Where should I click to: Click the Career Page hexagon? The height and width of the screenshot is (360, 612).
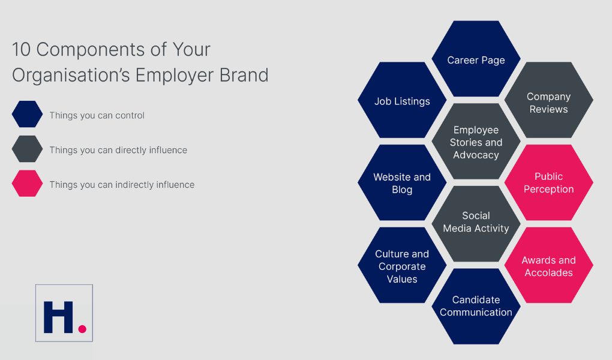[476, 59]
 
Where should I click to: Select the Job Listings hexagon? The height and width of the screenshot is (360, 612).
[402, 101]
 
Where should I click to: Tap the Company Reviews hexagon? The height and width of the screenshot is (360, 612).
[548, 102]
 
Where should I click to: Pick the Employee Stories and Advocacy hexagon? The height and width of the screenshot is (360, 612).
[476, 142]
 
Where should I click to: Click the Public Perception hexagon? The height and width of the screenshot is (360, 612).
[548, 182]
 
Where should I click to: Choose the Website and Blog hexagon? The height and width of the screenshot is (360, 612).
[402, 183]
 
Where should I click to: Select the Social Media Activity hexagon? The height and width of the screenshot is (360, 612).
[476, 222]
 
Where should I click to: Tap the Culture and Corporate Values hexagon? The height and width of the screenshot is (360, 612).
[402, 266]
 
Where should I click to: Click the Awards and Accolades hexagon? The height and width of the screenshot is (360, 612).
[548, 266]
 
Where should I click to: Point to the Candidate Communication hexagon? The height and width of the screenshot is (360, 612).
[476, 305]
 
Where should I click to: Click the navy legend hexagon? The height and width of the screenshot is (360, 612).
[27, 115]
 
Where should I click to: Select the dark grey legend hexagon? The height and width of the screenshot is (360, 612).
[27, 149]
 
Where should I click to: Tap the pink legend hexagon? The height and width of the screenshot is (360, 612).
[27, 184]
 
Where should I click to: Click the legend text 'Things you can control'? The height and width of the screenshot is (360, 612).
[97, 115]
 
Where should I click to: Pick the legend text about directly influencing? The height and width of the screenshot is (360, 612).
[118, 150]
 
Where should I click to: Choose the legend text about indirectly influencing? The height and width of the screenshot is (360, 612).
[122, 185]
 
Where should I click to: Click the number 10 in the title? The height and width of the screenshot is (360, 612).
[22, 49]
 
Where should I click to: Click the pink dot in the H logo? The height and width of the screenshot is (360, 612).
[82, 329]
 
